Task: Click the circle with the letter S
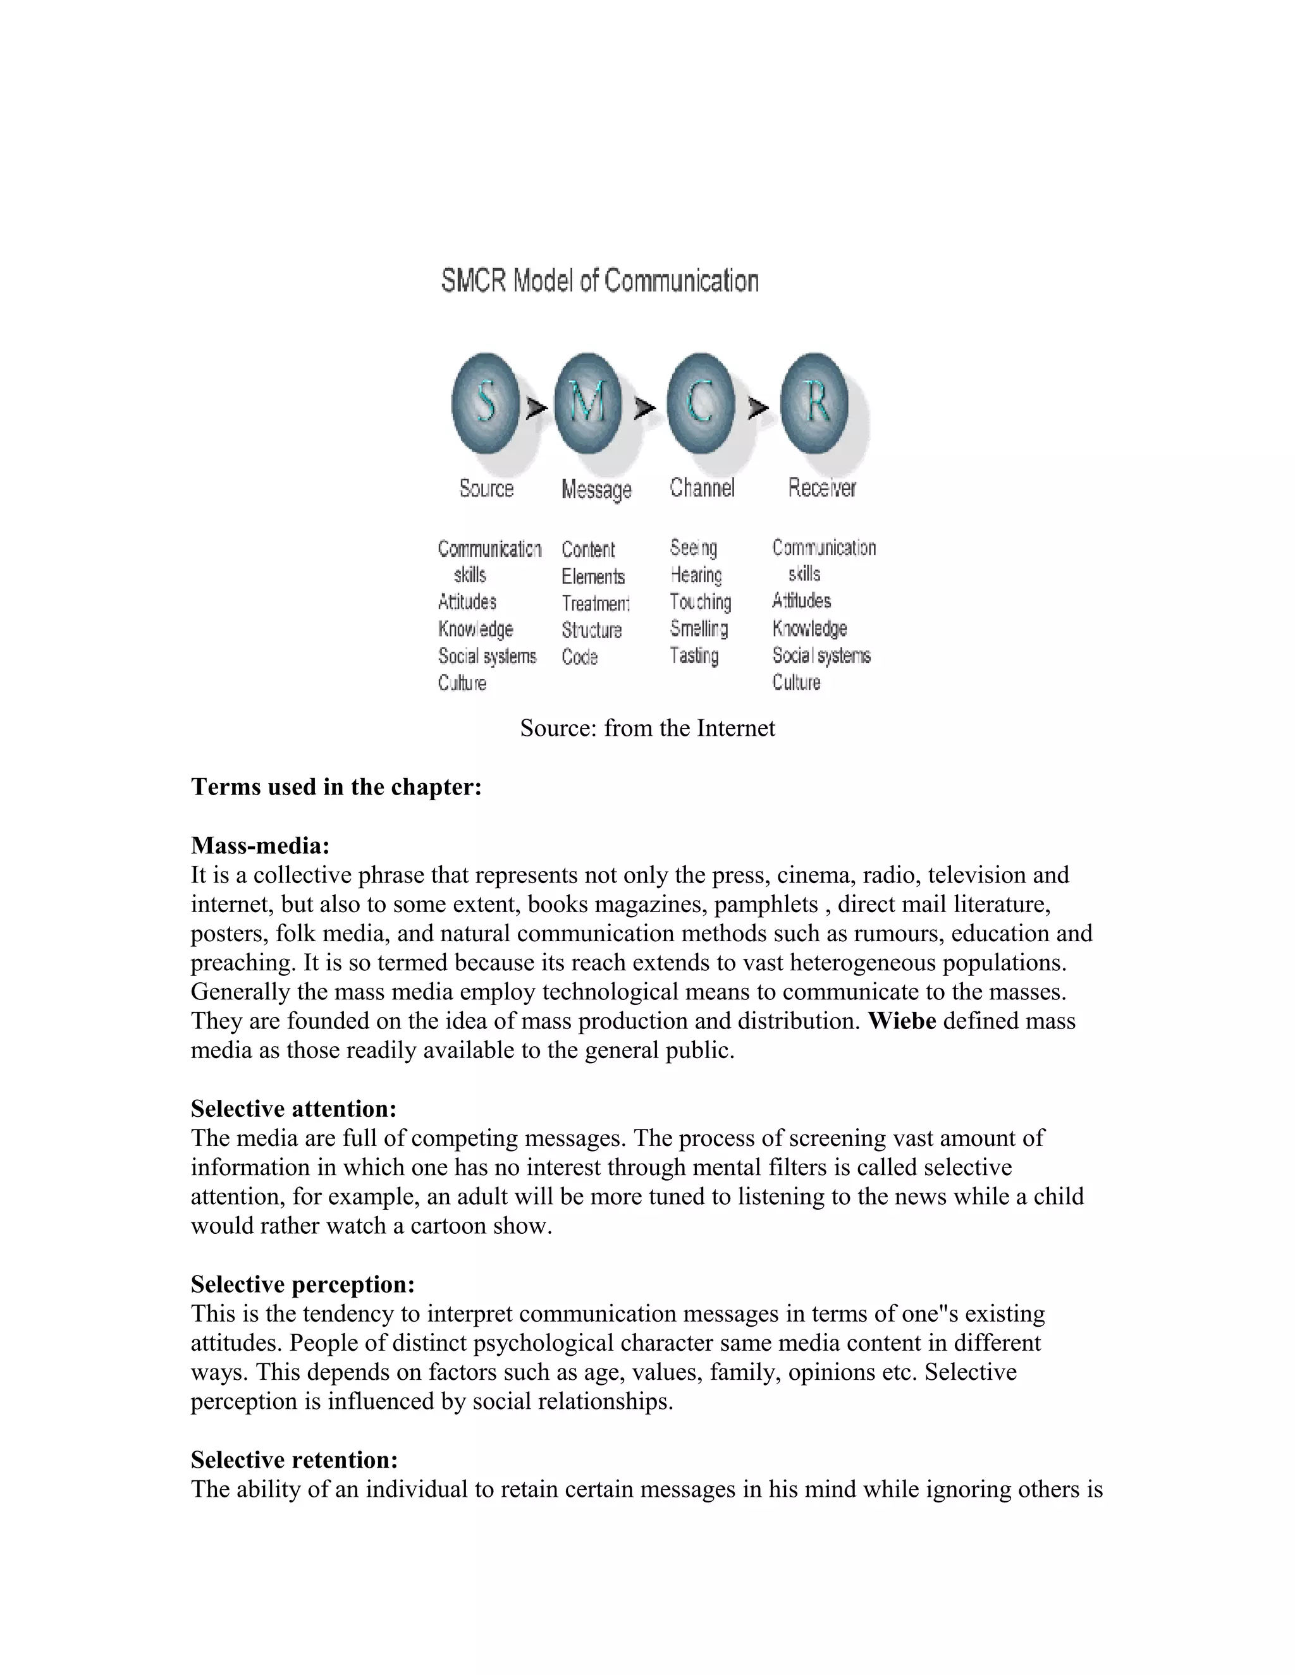[x=485, y=403]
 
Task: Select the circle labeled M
[x=587, y=403]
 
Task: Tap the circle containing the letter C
[x=700, y=403]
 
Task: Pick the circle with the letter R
[x=814, y=403]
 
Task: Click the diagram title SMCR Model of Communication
[x=600, y=281]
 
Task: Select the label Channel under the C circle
[x=702, y=488]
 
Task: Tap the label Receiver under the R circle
[x=821, y=488]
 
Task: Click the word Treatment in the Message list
[x=595, y=603]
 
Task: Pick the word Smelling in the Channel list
[x=699, y=629]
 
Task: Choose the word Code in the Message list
[x=579, y=657]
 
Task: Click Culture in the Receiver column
[x=796, y=683]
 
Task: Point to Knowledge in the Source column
[x=476, y=629]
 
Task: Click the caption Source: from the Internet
[x=647, y=728]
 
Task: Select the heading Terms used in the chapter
[x=336, y=787]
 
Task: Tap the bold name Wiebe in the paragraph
[x=902, y=1021]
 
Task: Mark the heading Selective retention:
[x=295, y=1459]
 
